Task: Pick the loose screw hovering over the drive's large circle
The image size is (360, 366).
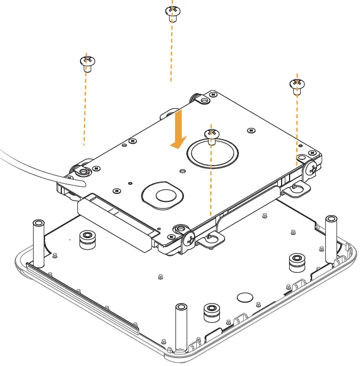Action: click(211, 135)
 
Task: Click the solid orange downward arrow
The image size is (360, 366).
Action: click(178, 129)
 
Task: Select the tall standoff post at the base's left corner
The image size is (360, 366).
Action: click(38, 242)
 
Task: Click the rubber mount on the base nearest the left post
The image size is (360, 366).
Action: click(85, 240)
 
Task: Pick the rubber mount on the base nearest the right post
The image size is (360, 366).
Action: click(297, 262)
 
